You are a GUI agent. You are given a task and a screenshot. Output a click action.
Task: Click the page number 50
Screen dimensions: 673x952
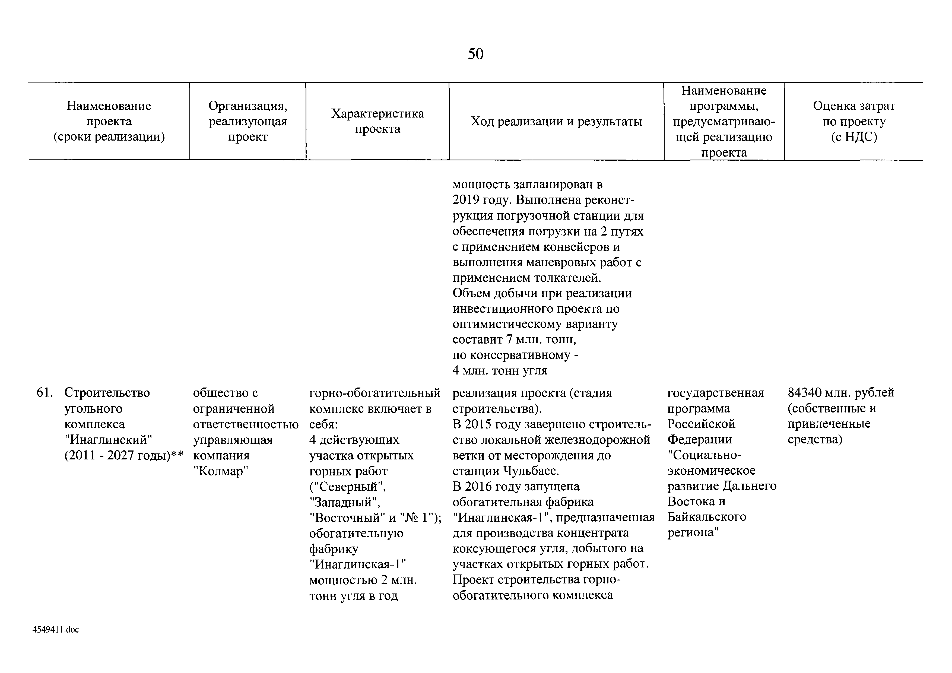coord(475,54)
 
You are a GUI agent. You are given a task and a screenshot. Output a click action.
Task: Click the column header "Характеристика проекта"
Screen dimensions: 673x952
coord(377,121)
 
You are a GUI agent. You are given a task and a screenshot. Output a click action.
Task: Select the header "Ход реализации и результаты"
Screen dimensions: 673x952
coord(556,122)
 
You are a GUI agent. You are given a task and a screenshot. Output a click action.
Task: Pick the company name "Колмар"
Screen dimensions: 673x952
coord(221,471)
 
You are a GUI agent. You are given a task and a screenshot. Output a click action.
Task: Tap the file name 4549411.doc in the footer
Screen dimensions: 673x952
coord(56,630)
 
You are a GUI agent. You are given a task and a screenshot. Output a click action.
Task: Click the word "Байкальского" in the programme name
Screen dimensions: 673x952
coord(706,517)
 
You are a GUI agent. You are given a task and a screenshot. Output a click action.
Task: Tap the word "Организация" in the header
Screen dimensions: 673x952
coord(247,106)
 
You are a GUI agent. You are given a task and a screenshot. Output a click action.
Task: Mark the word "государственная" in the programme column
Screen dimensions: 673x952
coord(715,393)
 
